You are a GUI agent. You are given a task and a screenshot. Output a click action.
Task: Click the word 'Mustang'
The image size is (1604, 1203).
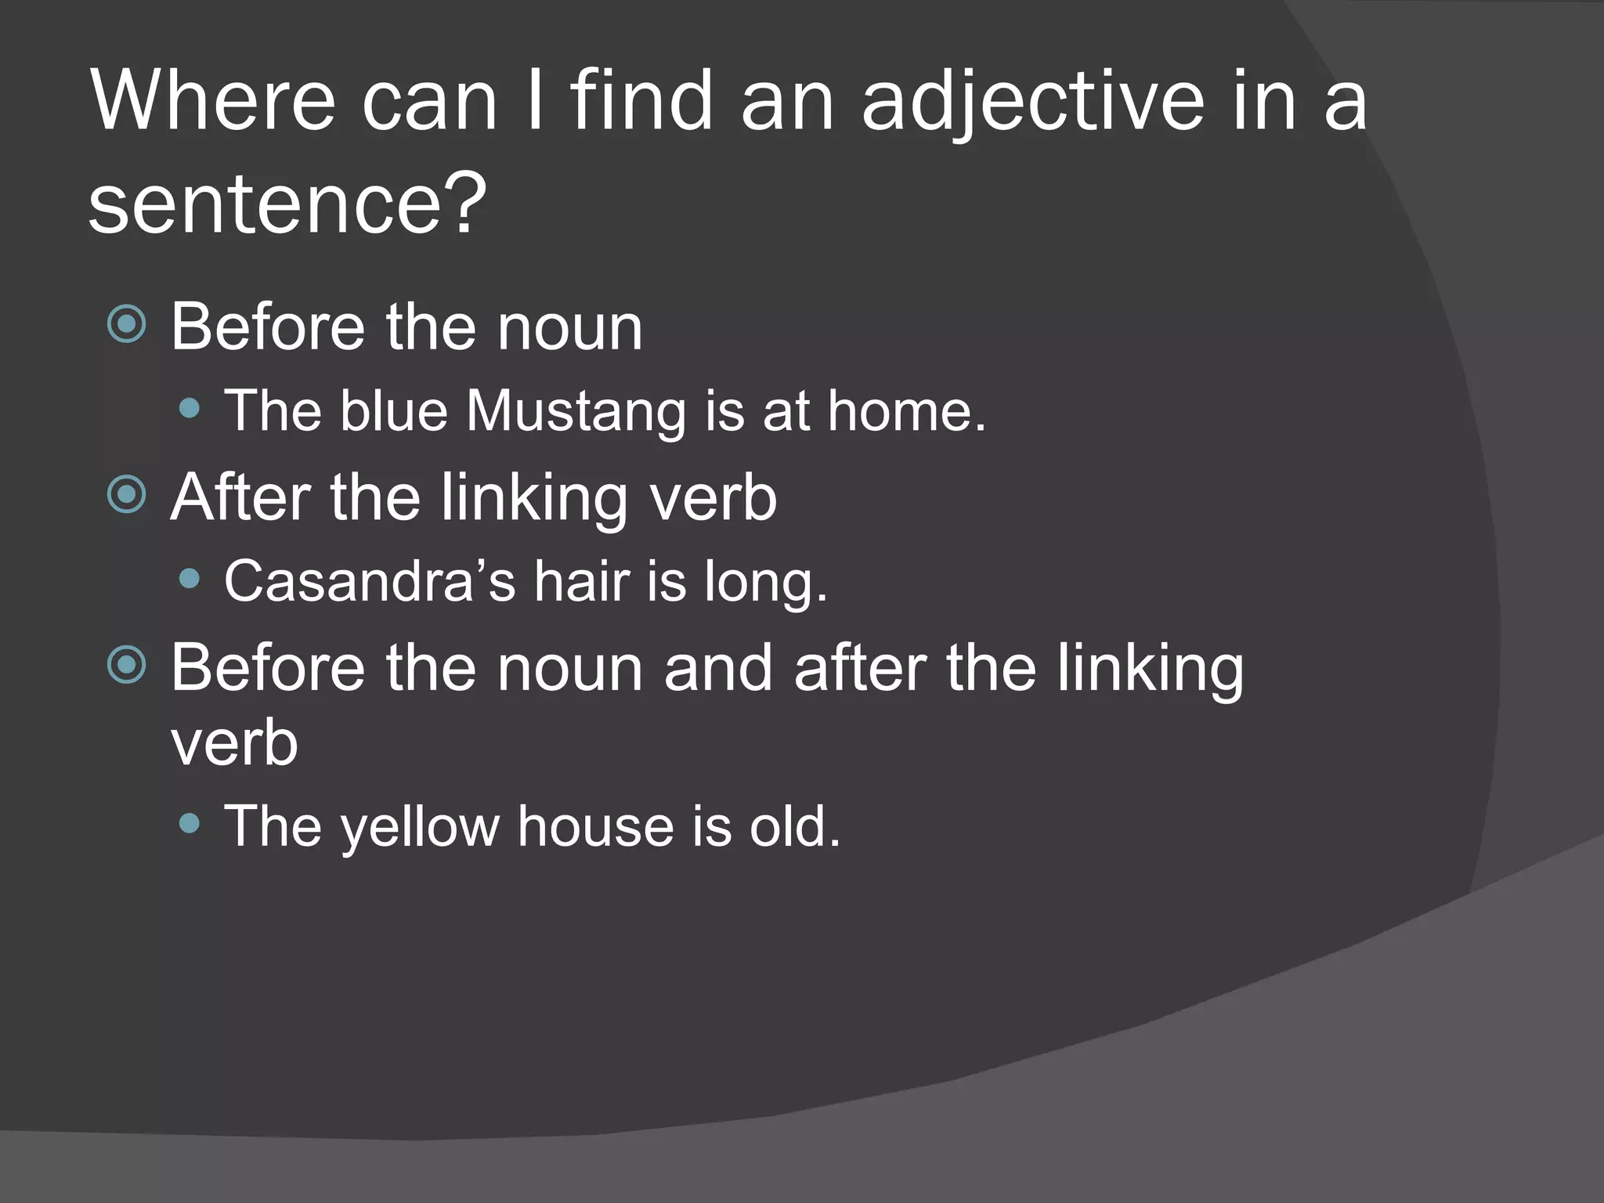[576, 412]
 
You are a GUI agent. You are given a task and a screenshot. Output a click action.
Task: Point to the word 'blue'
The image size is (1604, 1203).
[393, 410]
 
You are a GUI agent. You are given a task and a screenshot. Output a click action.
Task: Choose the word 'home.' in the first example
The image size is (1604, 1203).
[906, 410]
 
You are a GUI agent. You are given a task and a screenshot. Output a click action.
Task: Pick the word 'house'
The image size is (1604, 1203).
[595, 826]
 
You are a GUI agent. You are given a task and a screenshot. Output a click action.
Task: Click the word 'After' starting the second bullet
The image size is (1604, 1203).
[240, 497]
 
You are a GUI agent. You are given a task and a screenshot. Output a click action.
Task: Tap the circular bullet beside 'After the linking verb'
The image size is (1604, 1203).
[127, 495]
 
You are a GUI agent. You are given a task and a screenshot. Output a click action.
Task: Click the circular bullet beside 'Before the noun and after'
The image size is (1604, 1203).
[127, 666]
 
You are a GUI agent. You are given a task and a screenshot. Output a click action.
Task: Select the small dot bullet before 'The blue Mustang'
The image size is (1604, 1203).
[190, 408]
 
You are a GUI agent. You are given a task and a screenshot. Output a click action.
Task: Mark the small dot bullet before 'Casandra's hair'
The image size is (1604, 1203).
[190, 579]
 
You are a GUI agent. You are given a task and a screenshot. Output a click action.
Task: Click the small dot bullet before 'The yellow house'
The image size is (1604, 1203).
[190, 823]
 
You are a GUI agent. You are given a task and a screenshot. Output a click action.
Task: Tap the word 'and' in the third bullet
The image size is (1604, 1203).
[717, 668]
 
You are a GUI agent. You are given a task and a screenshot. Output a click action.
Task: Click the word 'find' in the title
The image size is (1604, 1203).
[642, 102]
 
